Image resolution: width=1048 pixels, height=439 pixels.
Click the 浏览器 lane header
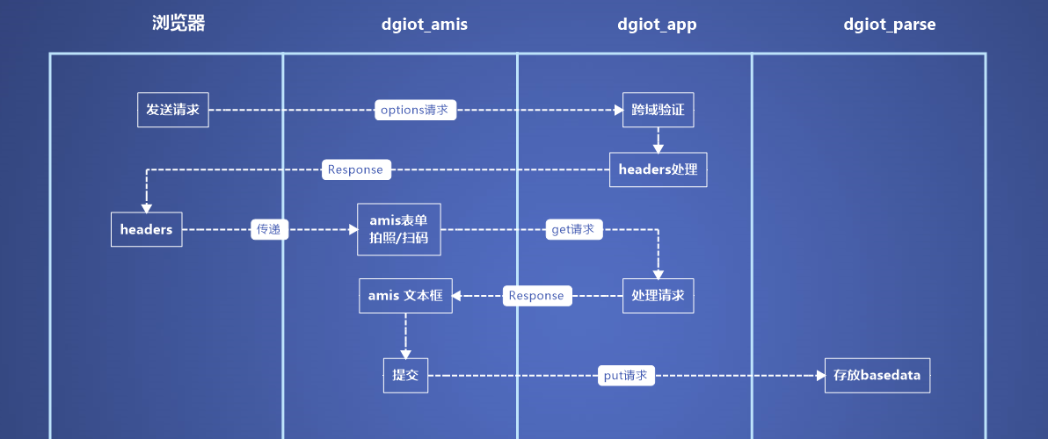pyautogui.click(x=178, y=24)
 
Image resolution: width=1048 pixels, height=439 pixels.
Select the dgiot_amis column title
pyautogui.click(x=425, y=25)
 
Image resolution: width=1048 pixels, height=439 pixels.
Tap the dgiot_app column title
pyautogui.click(x=657, y=25)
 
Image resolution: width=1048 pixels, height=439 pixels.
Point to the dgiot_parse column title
pyautogui.click(x=890, y=25)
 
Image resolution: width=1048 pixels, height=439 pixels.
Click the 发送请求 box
pyautogui.click(x=173, y=110)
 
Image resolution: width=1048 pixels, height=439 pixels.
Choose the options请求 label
pyautogui.click(x=415, y=110)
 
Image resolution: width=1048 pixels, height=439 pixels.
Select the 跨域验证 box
pyautogui.click(x=659, y=110)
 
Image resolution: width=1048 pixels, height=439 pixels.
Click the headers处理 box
pyautogui.click(x=659, y=169)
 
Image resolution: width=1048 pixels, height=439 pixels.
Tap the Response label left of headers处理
pyautogui.click(x=355, y=169)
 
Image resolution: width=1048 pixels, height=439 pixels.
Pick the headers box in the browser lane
pyautogui.click(x=146, y=229)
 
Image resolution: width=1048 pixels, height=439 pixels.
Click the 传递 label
pyautogui.click(x=270, y=229)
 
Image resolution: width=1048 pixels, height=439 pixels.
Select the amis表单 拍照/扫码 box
pyautogui.click(x=399, y=229)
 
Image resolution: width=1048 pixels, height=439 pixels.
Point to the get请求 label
pyautogui.click(x=573, y=229)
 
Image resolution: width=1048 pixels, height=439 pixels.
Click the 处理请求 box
pyautogui.click(x=659, y=296)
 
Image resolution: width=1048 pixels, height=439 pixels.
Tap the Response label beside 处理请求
pyautogui.click(x=537, y=296)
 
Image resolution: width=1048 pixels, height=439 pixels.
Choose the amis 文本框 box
pyautogui.click(x=405, y=296)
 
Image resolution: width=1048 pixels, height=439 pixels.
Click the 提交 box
pyautogui.click(x=405, y=376)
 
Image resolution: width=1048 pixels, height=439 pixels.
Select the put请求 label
pyautogui.click(x=626, y=376)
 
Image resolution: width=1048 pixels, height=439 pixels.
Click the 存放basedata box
pyautogui.click(x=877, y=376)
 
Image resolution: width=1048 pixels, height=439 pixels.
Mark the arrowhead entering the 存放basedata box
pyautogui.click(x=821, y=376)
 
